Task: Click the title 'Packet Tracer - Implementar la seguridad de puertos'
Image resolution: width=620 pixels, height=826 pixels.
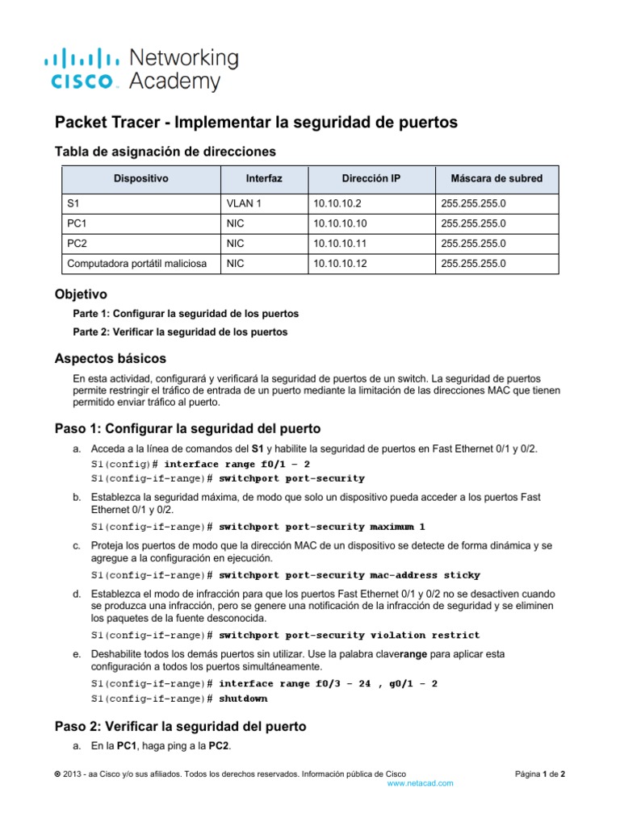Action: (255, 122)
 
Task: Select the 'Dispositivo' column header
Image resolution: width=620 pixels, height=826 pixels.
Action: (140, 178)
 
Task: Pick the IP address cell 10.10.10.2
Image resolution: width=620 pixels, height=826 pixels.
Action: (335, 206)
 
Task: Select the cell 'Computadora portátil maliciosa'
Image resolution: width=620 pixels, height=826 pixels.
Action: (136, 263)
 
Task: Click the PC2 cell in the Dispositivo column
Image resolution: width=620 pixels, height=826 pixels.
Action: (77, 244)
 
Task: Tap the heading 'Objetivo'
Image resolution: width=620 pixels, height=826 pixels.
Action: (80, 295)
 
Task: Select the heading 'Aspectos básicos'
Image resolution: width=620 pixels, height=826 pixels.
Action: (110, 357)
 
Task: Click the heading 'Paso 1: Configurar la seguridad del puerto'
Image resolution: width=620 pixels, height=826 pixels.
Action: (187, 428)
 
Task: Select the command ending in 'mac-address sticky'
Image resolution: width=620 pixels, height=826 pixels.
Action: (349, 575)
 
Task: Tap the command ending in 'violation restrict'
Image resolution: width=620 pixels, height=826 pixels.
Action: (349, 635)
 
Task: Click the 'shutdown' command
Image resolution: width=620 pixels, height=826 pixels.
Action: (243, 698)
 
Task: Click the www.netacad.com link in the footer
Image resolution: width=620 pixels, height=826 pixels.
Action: (420, 783)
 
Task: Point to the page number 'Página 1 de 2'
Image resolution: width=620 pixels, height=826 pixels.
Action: (540, 774)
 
